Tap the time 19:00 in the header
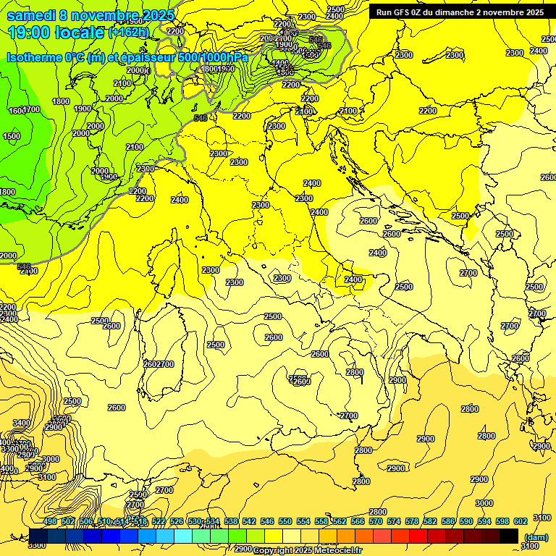30,33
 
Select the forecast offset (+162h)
130,33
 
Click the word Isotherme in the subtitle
35,57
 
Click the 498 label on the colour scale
50,521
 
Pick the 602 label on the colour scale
521,521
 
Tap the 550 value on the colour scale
285,521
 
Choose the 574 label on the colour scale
394,521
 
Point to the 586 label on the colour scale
448,521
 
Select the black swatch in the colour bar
509,536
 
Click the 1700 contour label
31,109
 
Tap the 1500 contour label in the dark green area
12,136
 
